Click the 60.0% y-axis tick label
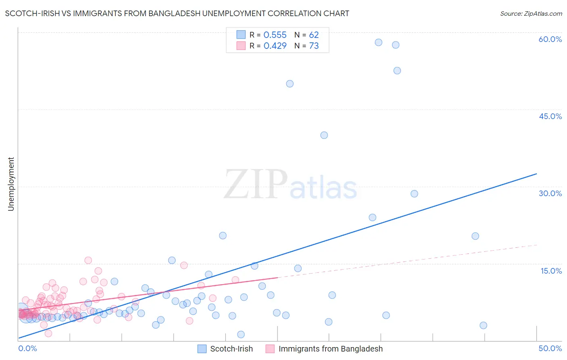[x=550, y=39]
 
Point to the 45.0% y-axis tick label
[x=550, y=116]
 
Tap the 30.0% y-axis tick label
[x=550, y=193]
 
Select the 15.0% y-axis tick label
[x=551, y=271]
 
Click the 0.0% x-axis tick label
[x=27, y=348]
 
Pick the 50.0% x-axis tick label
[x=550, y=348]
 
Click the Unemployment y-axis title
[x=11, y=184]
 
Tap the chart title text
[x=177, y=13]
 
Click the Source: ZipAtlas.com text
[x=531, y=13]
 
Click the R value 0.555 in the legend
[x=275, y=35]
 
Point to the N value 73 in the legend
[x=314, y=46]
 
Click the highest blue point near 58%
[x=378, y=42]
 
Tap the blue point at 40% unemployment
[x=324, y=135]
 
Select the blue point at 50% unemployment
[x=290, y=84]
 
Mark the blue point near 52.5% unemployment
[x=397, y=71]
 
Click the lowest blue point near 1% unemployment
[x=241, y=334]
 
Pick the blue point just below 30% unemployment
[x=414, y=194]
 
